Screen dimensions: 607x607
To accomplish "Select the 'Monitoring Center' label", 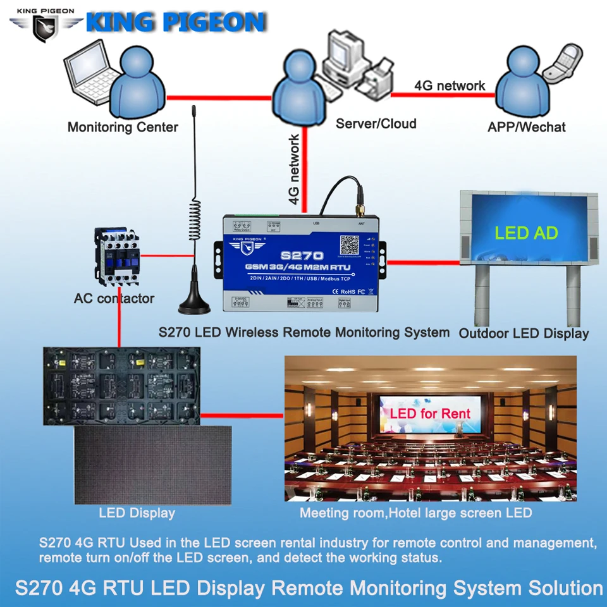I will pos(123,127).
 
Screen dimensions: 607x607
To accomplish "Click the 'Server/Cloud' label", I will pos(376,123).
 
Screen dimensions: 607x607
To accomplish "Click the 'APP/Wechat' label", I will pos(527,127).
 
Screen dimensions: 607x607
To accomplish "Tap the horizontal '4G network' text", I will pos(450,85).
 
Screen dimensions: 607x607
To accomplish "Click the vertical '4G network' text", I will pos(294,169).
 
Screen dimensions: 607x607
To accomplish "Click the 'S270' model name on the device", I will pos(302,256).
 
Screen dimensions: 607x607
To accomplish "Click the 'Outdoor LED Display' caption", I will pos(524,333).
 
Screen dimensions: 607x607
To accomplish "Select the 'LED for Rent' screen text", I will pos(430,414).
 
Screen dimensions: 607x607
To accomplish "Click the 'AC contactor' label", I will pos(114,298).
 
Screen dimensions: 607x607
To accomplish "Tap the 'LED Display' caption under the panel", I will pos(137,513).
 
